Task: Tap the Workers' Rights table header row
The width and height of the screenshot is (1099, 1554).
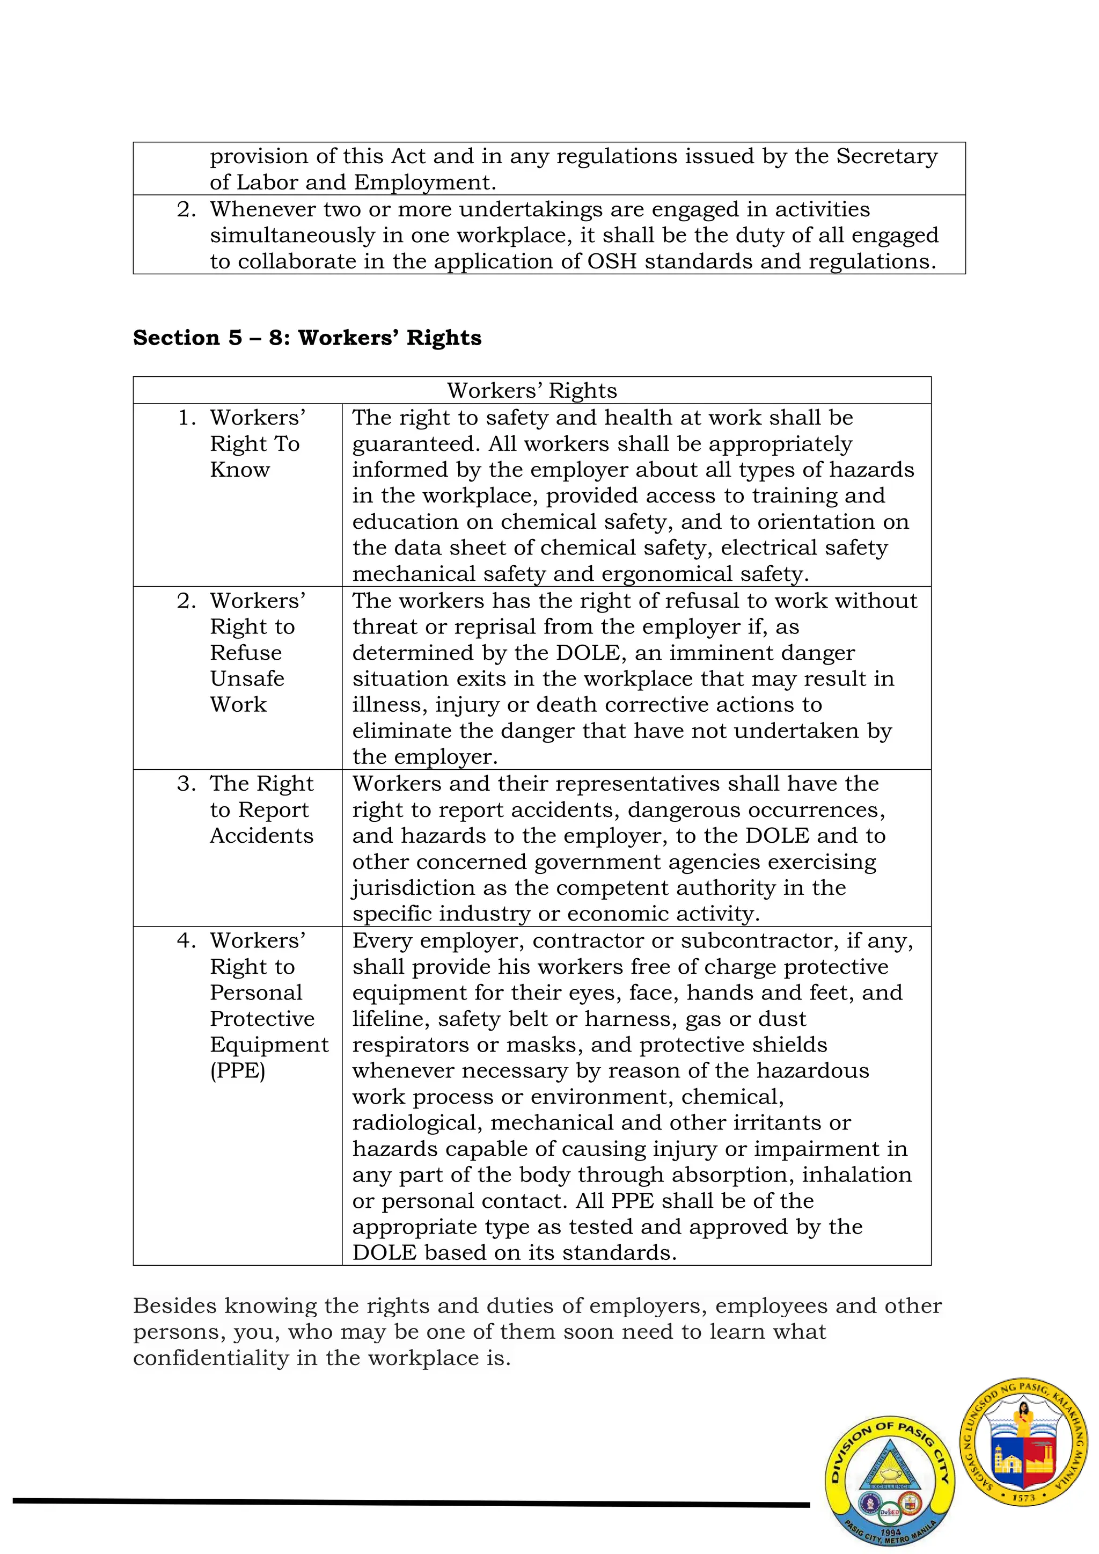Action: click(x=531, y=391)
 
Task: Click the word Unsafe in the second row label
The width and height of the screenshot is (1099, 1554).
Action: click(x=247, y=678)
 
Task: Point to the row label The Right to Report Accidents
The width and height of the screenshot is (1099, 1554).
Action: click(x=261, y=809)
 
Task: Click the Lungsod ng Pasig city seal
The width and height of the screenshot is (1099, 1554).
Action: click(x=1024, y=1443)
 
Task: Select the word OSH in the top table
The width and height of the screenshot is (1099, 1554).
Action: click(x=612, y=261)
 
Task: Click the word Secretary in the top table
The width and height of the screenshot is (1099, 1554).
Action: click(x=886, y=156)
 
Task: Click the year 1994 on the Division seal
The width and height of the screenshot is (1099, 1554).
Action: click(x=891, y=1531)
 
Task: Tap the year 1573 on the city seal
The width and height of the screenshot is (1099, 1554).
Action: click(x=1024, y=1498)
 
